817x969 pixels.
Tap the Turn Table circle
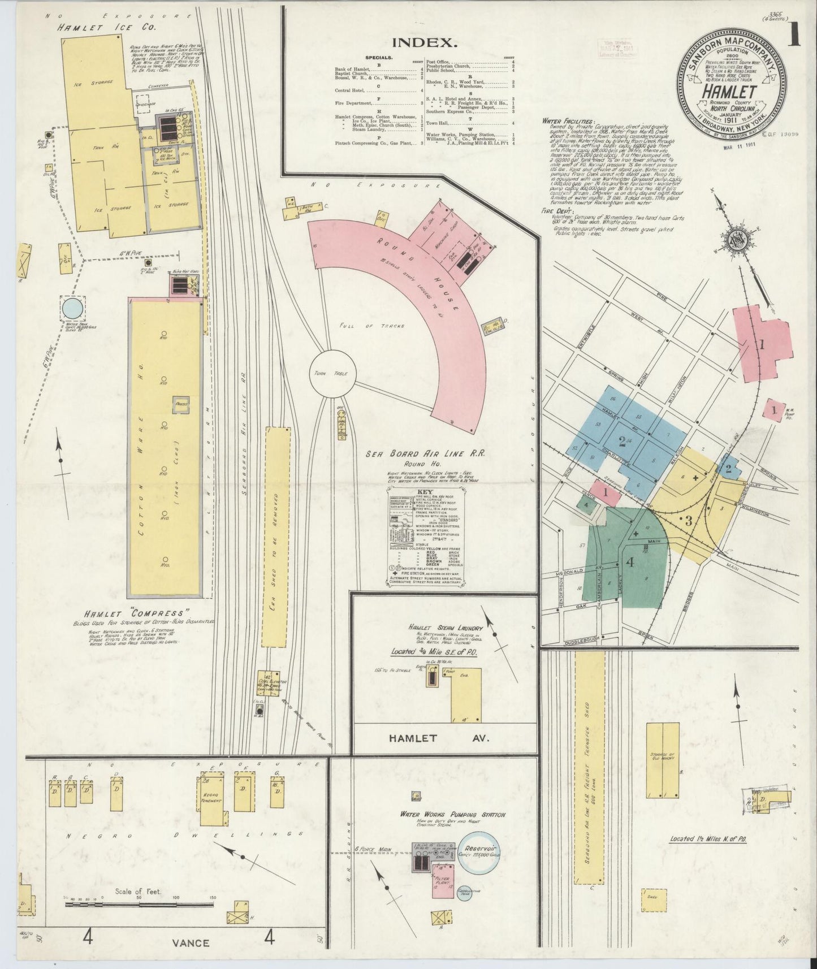(x=332, y=374)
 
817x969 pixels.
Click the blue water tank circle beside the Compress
(x=72, y=309)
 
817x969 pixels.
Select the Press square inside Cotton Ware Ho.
(x=181, y=405)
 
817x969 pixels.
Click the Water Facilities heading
(x=568, y=121)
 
